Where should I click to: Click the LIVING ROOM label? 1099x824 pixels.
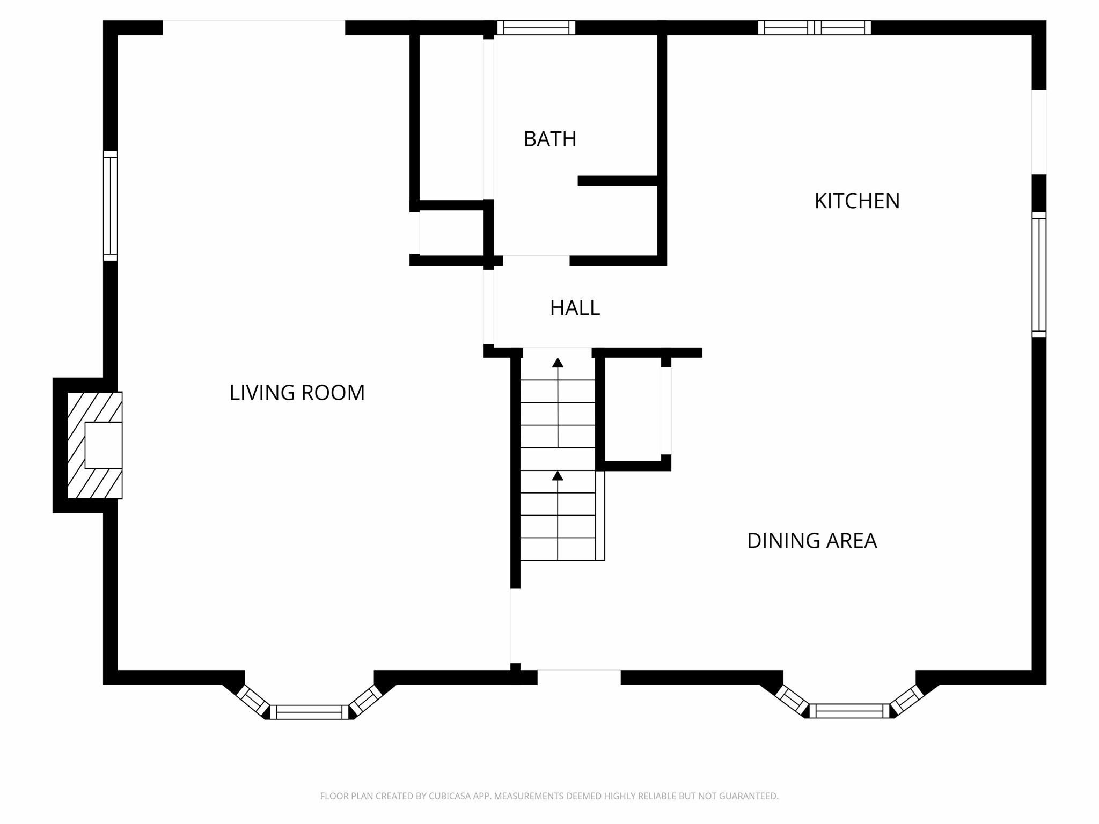coord(297,393)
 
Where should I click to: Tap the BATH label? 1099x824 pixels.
coord(550,139)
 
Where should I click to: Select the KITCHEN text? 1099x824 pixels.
coord(857,201)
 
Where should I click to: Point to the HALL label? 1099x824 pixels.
coord(575,308)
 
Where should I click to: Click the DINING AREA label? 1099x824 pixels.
coord(812,541)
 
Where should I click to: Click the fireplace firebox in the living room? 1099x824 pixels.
coord(104,445)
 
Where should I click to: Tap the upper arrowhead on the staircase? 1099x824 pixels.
coord(558,363)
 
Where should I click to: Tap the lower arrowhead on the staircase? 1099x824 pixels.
coord(558,476)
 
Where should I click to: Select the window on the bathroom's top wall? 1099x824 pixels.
coord(536,28)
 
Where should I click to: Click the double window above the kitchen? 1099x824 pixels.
coord(814,28)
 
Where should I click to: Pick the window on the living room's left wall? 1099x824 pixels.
coord(110,206)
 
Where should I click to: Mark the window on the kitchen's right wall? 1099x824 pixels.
coord(1039,275)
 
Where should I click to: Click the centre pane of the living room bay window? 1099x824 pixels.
coord(309,712)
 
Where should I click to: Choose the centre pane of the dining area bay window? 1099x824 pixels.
coord(849,711)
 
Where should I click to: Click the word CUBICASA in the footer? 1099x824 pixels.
coord(450,796)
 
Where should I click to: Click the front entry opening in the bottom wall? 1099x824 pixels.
coord(579,677)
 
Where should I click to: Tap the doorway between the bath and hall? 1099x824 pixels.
coord(536,260)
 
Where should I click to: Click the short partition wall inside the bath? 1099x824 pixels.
coord(618,181)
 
